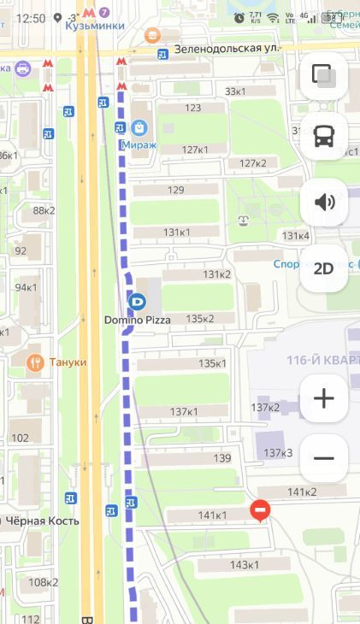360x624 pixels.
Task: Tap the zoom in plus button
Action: click(x=324, y=397)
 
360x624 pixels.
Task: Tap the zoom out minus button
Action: click(x=324, y=458)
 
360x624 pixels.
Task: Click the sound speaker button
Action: click(x=324, y=203)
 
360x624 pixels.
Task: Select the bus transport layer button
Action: click(x=324, y=136)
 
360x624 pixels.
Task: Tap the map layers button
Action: click(x=324, y=75)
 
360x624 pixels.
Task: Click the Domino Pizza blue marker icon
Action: click(x=136, y=301)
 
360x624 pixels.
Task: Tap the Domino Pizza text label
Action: click(x=137, y=320)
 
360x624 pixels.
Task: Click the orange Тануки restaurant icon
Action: click(x=35, y=362)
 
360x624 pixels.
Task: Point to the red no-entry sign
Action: click(x=261, y=511)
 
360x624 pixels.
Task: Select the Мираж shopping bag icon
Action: click(x=139, y=128)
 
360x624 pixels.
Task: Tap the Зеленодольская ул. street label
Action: click(x=227, y=50)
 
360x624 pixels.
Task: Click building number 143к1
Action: click(x=244, y=565)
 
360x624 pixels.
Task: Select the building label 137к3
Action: click(x=278, y=452)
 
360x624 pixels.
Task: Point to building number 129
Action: click(x=175, y=190)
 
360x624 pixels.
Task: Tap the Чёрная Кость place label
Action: click(x=43, y=521)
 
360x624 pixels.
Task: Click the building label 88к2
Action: click(x=44, y=210)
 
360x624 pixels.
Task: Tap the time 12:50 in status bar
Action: click(x=31, y=17)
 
